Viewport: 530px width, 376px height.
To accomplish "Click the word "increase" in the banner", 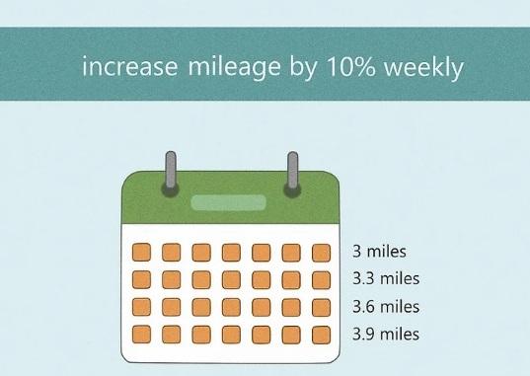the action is coord(130,66).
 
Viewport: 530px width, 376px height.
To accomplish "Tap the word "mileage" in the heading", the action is coord(234,69).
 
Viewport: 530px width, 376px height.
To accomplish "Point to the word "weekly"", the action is coord(423,69).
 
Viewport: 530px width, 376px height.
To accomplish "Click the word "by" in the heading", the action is coord(304,69).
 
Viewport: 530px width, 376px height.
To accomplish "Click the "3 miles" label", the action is coord(379,252).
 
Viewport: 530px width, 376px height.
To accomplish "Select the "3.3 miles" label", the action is coord(386,278).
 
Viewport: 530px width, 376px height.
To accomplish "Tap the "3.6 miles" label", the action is coord(386,307).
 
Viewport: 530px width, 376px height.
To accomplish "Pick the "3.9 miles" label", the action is coord(386,334).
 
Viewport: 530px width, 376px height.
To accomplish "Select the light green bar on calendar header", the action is coord(229,202).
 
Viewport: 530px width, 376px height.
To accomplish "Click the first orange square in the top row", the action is coord(141,253).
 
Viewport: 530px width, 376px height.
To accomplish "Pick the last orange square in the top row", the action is coord(321,253).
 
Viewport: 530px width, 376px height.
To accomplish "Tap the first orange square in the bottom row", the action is coord(141,334).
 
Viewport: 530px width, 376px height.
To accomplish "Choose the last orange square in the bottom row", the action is coord(321,335).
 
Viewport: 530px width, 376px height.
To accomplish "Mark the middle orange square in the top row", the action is coord(231,253).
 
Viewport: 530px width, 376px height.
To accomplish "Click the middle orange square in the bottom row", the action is coord(231,335).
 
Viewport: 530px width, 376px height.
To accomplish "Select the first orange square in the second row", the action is coord(141,279).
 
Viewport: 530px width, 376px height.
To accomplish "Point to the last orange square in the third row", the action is coord(321,308).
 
